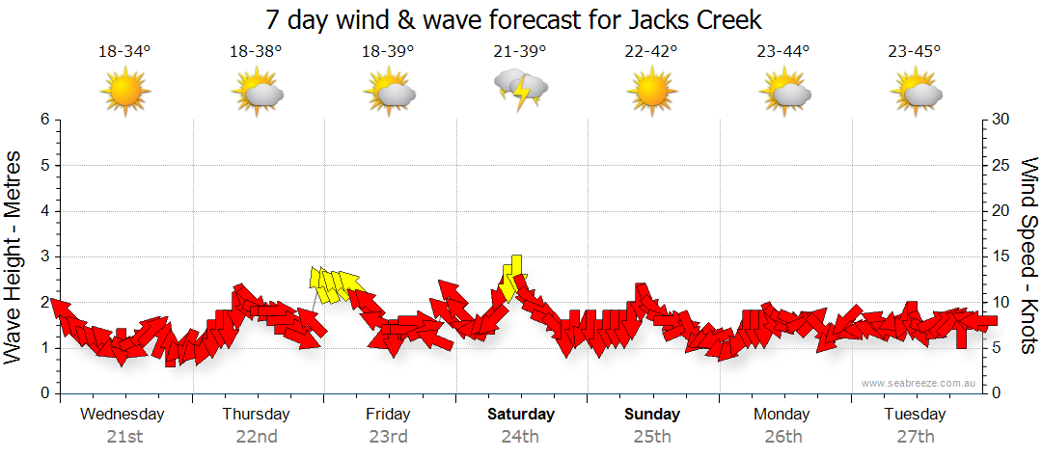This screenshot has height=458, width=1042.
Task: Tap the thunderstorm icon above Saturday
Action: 521,91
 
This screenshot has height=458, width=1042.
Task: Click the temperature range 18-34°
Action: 124,52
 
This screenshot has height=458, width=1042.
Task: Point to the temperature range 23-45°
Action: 916,52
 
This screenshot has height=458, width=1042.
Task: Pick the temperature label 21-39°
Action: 520,52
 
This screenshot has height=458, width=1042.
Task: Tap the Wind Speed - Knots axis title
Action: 1028,256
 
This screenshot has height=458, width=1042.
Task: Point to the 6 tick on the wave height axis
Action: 43,120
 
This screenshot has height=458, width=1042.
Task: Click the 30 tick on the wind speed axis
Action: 1001,120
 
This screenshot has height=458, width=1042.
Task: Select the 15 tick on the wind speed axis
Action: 1001,256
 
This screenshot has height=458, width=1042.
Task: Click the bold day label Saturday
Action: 520,415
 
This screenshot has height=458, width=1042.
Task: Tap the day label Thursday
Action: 256,415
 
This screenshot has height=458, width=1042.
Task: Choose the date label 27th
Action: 916,436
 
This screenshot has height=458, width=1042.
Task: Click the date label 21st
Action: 124,436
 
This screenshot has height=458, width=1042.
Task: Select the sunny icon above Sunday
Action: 652,92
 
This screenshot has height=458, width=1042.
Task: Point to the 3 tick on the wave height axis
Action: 43,256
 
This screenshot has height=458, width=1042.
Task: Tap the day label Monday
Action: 782,415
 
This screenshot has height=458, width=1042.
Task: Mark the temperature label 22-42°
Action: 651,52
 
